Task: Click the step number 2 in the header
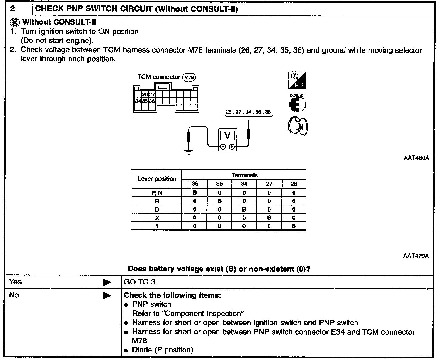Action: tap(12, 8)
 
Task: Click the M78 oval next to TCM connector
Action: tap(189, 77)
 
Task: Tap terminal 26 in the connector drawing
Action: tap(145, 95)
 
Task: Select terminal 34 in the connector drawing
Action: tap(138, 101)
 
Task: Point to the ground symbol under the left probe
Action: tap(189, 151)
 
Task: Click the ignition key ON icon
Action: tap(297, 126)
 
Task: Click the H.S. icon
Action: tap(297, 80)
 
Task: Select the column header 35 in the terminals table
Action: tap(219, 184)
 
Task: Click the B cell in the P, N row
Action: tap(195, 193)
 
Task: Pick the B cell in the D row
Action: tap(244, 209)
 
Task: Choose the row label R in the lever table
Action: tap(157, 201)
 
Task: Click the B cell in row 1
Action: tap(294, 226)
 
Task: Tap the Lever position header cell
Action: tap(157, 179)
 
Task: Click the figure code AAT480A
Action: tap(416, 158)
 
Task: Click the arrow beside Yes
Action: tap(107, 282)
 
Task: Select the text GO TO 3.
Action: tap(141, 282)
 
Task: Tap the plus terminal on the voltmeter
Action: tap(232, 147)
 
